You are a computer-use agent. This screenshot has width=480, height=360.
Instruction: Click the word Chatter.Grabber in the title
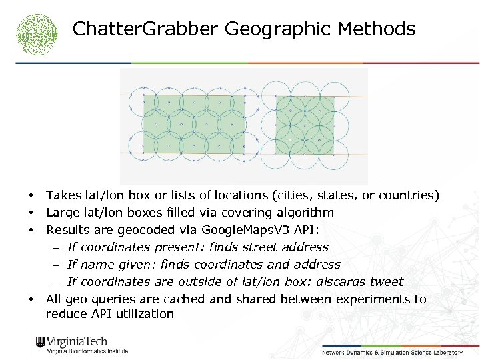click(x=145, y=29)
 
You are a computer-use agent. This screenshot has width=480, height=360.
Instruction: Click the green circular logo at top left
click(x=37, y=34)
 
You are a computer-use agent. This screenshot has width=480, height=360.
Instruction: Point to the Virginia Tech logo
click(x=81, y=345)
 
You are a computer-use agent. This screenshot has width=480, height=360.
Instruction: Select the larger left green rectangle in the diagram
click(x=193, y=125)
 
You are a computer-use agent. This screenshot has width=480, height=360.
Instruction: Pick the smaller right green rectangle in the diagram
click(x=305, y=125)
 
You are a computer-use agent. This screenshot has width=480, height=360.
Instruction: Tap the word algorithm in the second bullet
click(x=303, y=213)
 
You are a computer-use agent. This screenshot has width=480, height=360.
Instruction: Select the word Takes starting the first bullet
click(x=63, y=195)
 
